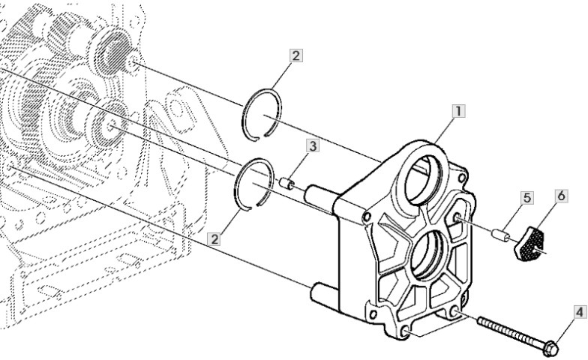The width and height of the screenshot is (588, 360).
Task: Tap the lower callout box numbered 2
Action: [x=216, y=239]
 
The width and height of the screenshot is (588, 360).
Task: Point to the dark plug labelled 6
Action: [x=529, y=246]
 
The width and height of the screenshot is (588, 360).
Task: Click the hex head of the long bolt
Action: [x=550, y=348]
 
